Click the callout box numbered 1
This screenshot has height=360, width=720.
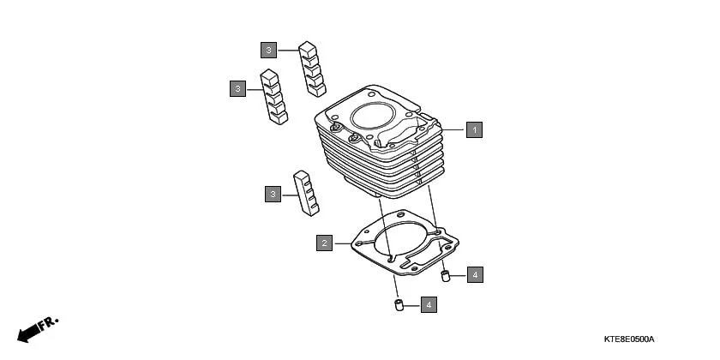[x=474, y=130]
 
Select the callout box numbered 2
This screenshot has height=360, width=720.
[x=324, y=243]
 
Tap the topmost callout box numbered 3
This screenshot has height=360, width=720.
[x=269, y=51]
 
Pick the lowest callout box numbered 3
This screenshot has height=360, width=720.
[x=273, y=195]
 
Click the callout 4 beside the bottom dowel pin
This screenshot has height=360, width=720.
[x=429, y=304]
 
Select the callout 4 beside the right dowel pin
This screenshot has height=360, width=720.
[x=475, y=275]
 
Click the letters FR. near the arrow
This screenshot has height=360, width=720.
[x=49, y=323]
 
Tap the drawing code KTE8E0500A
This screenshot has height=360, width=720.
[x=634, y=340]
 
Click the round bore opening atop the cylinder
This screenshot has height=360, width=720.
[x=377, y=118]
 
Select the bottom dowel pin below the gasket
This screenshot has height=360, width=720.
[x=399, y=306]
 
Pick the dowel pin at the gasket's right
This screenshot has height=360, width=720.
[x=446, y=275]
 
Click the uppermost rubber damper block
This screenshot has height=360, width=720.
[x=312, y=67]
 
